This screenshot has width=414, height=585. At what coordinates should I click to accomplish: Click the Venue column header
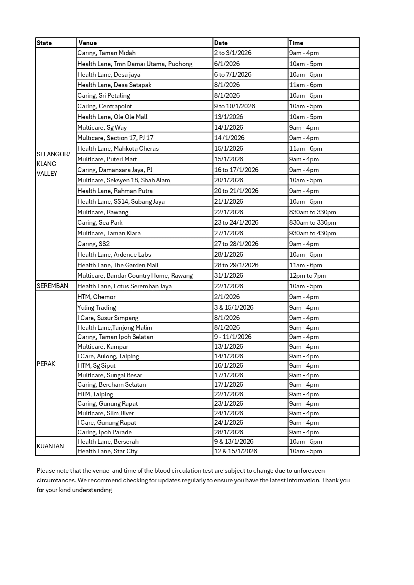(87, 43)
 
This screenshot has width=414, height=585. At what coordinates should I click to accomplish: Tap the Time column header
(296, 43)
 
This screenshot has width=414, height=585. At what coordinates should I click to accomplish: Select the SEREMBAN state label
(52, 286)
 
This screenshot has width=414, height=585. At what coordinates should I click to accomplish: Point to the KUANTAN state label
(50, 446)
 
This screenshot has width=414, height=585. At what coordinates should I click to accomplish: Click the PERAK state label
(46, 364)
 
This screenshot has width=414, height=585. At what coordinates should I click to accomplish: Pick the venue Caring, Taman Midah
(106, 53)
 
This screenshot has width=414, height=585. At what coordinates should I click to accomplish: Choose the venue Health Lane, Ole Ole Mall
(112, 117)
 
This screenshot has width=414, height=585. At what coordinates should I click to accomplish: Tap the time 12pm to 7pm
(308, 276)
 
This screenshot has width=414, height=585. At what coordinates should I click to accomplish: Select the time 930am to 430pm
(313, 233)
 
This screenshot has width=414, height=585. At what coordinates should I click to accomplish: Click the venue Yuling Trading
(97, 308)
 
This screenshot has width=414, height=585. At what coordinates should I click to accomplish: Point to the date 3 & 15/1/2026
(234, 308)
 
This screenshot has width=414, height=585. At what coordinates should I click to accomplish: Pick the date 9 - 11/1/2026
(233, 337)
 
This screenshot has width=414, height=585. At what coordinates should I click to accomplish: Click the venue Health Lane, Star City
(107, 451)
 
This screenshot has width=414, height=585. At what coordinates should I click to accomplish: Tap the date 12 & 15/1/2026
(236, 451)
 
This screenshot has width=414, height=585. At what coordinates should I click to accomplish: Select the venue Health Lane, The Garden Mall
(118, 265)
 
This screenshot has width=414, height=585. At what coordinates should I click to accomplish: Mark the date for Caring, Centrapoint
(235, 106)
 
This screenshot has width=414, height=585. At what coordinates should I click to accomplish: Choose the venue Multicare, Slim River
(105, 413)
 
